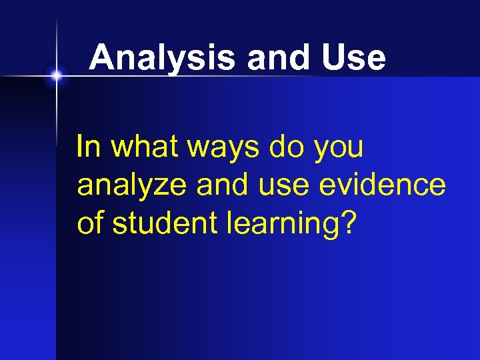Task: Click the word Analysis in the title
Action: [163, 58]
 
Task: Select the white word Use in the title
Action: [353, 58]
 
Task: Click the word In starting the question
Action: [87, 146]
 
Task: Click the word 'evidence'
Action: [382, 185]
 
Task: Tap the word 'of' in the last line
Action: [91, 223]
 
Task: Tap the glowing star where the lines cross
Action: [57, 76]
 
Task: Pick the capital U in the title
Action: [333, 58]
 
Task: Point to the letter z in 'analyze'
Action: [163, 187]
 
